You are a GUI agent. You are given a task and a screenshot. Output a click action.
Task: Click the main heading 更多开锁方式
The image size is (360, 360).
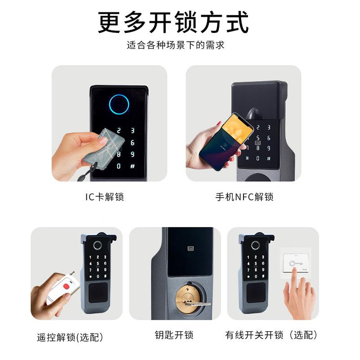[x=173, y=22]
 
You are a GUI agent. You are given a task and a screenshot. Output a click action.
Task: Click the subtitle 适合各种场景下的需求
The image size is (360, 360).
[x=175, y=45]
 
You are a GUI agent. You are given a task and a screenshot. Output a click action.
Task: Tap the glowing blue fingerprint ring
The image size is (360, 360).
[x=119, y=104]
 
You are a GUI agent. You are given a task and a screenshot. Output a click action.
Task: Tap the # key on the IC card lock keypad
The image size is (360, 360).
[x=133, y=166]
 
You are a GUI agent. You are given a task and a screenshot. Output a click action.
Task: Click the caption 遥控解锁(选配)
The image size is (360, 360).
[x=70, y=337]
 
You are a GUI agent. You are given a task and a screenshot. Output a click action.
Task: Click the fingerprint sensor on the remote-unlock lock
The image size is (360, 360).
[x=98, y=246]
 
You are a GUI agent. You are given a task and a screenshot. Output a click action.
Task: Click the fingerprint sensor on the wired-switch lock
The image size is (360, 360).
[x=255, y=246]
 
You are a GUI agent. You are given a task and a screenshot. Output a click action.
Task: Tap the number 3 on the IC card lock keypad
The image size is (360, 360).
[x=133, y=131]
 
